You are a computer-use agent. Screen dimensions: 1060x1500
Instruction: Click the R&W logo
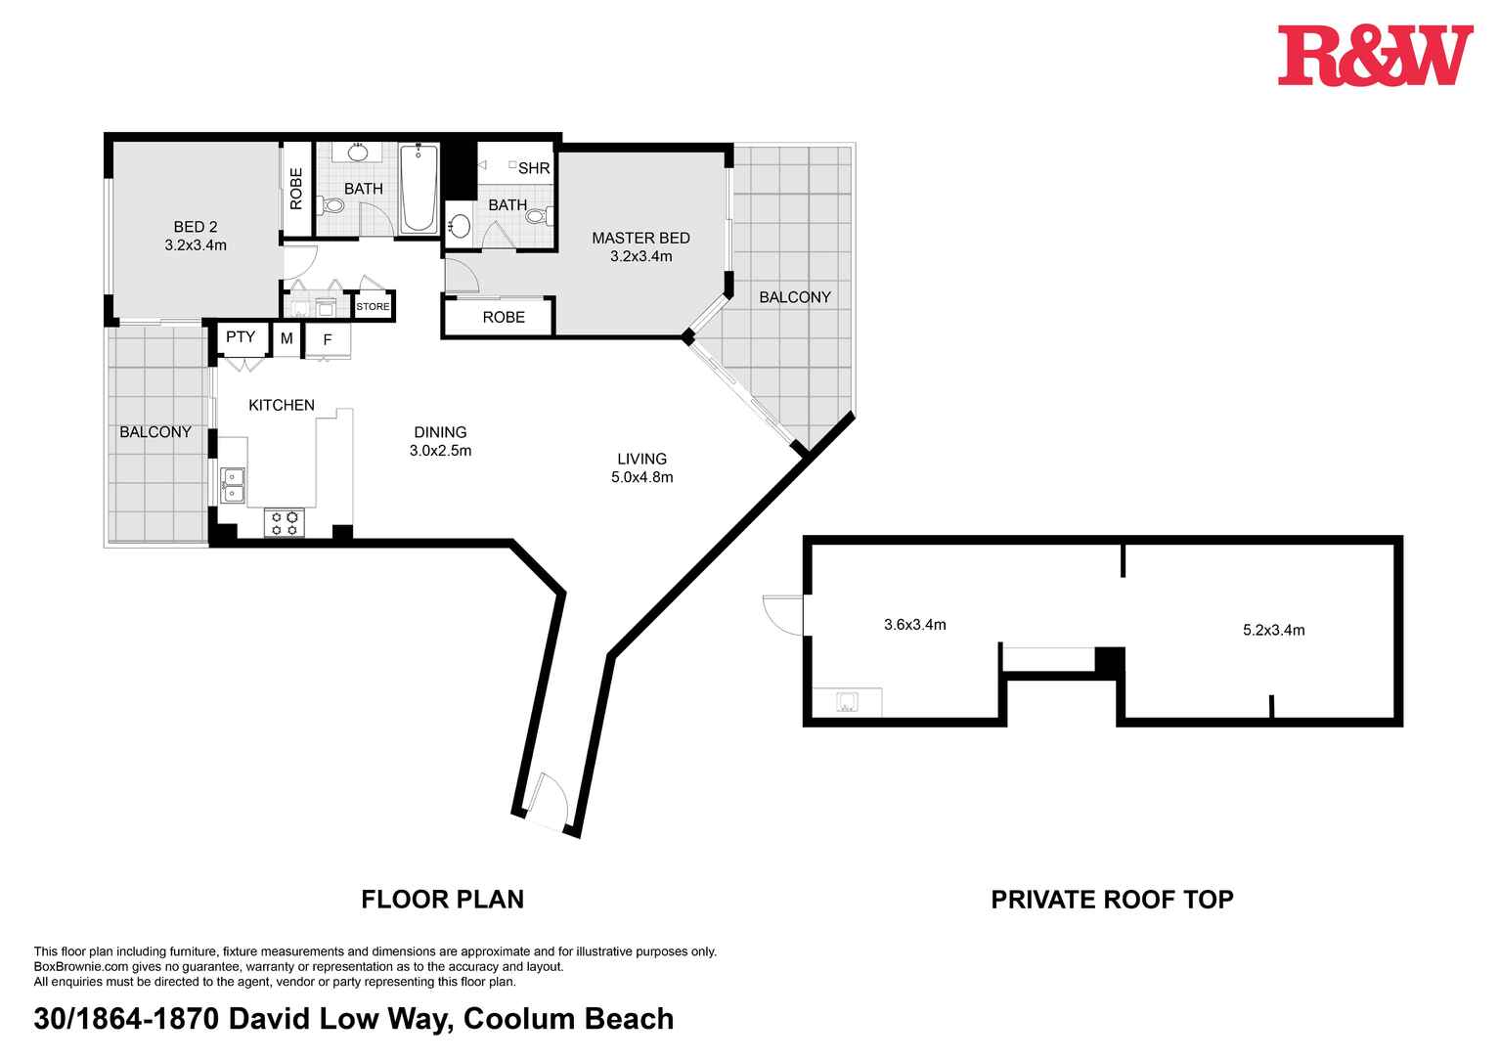1374,56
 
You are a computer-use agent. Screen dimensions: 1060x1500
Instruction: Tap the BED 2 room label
196,227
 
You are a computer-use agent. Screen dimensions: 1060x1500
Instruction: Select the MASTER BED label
640,238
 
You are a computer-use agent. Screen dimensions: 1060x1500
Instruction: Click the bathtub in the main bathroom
419,188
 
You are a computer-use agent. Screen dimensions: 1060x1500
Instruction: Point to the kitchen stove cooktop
285,522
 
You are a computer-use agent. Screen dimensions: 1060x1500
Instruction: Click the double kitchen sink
233,485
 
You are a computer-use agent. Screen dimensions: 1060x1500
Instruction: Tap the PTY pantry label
241,337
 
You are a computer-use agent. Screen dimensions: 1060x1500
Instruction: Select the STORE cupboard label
373,307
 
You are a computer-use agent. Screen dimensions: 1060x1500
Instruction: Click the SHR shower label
534,168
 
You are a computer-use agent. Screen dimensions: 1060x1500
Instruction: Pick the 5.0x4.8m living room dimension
641,477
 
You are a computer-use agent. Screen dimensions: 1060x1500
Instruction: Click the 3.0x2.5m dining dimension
440,451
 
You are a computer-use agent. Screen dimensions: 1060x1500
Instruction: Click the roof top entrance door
784,614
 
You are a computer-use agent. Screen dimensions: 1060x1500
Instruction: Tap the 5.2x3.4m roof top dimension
1273,631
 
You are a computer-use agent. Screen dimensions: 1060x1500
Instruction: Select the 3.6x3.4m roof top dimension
914,625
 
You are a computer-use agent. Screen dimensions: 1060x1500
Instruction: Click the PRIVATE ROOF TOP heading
1112,900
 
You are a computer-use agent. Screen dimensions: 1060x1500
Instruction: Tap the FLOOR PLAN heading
442,900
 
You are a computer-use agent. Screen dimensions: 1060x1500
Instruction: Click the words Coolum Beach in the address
568,1019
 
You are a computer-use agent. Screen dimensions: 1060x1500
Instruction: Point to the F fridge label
328,340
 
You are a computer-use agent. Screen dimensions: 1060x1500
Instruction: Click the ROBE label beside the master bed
504,318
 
